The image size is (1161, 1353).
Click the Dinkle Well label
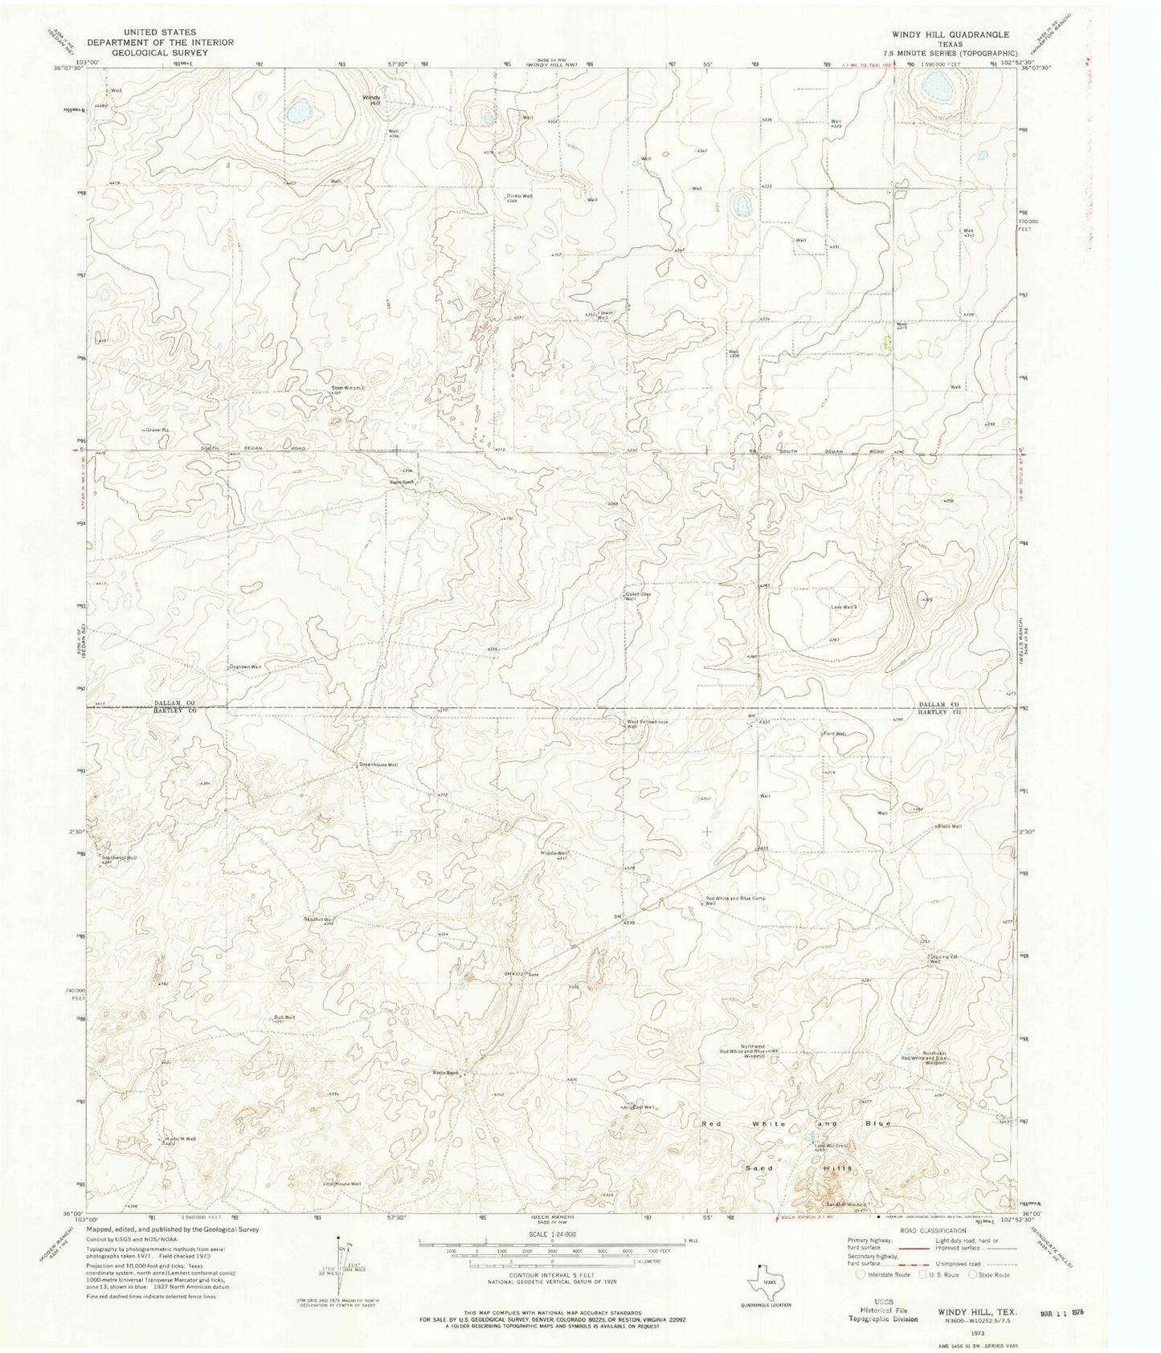[518, 196]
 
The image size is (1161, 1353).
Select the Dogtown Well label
[246, 667]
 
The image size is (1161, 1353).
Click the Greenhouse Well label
[378, 764]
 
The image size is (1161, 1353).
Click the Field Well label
[833, 734]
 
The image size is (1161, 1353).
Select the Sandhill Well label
[317, 919]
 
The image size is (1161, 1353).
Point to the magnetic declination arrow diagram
[341, 1261]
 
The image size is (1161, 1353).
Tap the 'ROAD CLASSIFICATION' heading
[932, 1230]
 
